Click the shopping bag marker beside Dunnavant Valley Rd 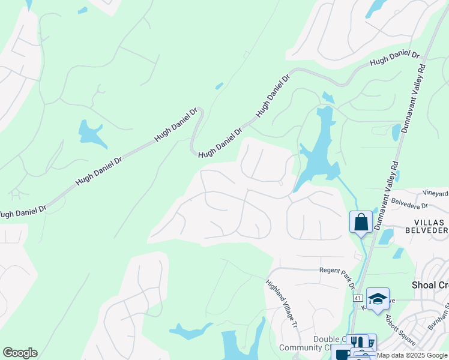[x=361, y=222]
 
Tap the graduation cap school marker [x=378, y=298]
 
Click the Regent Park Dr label [x=338, y=277]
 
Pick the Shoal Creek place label [x=430, y=286]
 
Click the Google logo [x=20, y=353]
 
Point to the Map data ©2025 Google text [x=412, y=355]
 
